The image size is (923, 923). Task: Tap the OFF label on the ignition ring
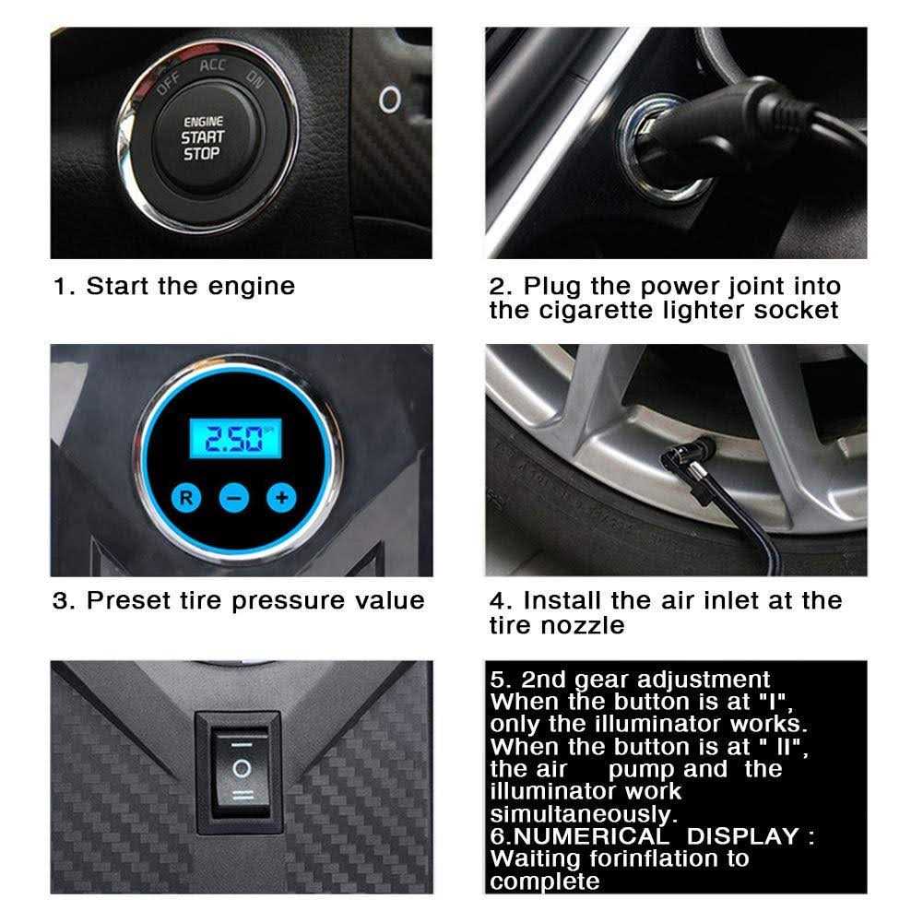click(168, 84)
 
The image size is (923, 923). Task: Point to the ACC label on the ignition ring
click(211, 66)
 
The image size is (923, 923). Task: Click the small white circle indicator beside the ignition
click(390, 98)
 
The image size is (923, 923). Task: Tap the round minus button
click(233, 499)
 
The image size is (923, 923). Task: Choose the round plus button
click(280, 499)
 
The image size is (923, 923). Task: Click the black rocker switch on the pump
click(242, 768)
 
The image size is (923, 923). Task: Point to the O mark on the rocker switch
click(242, 767)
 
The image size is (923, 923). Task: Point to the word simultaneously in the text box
click(582, 814)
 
